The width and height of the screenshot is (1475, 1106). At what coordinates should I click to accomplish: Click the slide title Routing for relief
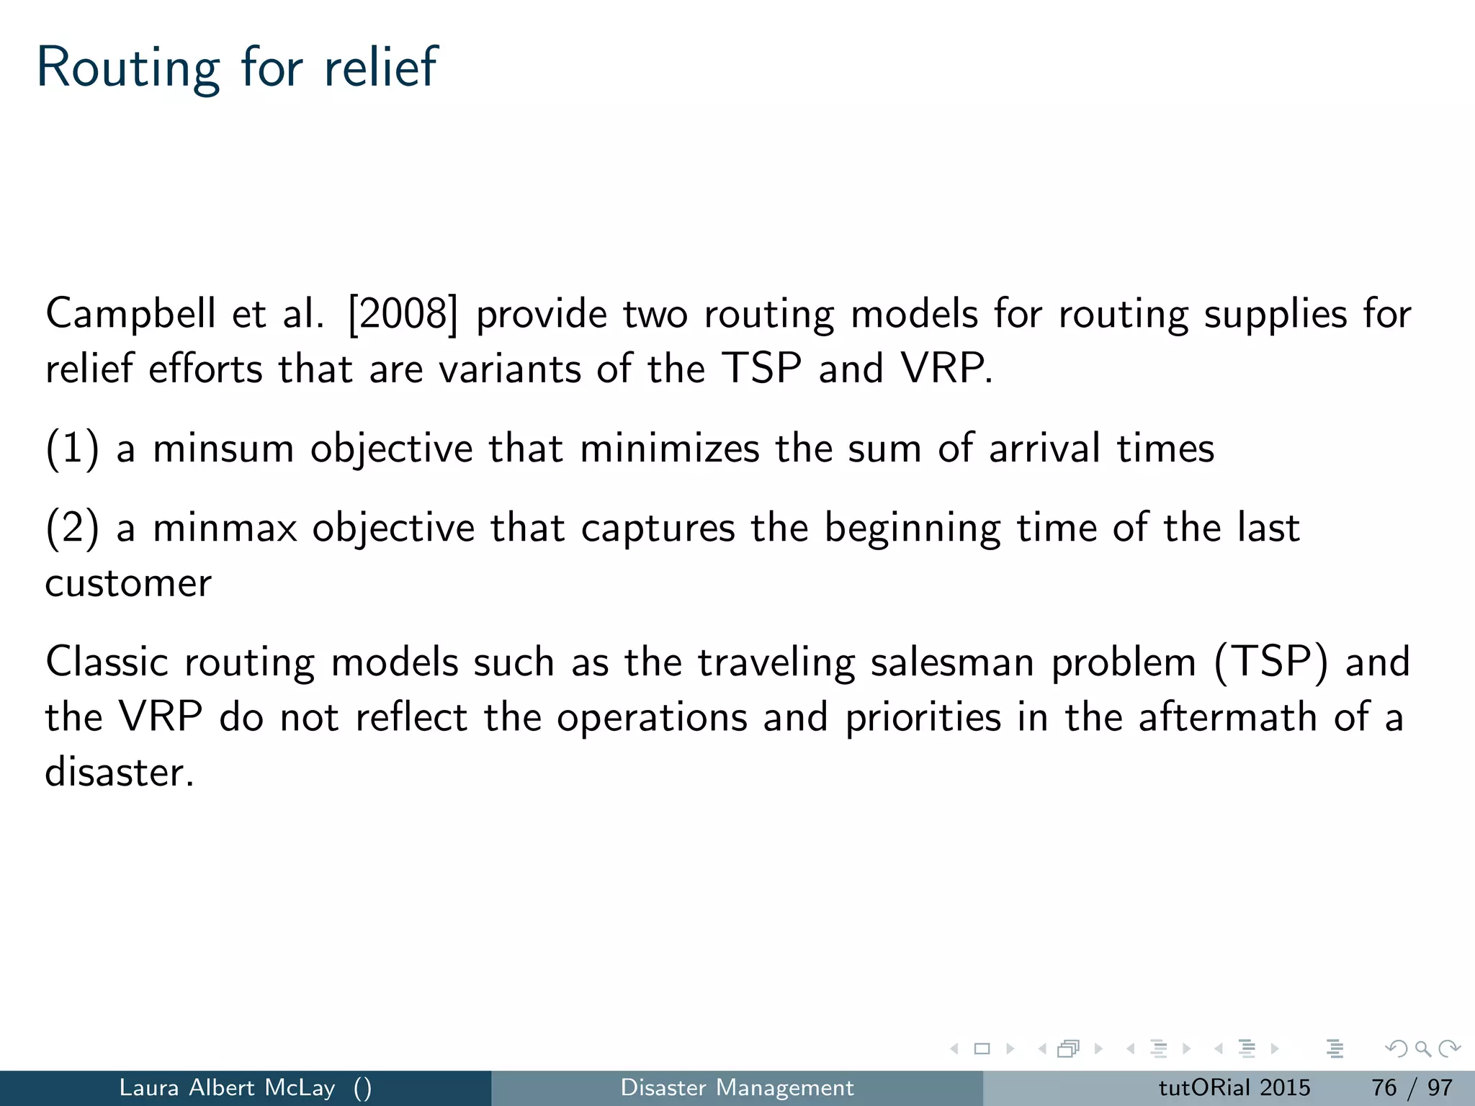tap(236, 68)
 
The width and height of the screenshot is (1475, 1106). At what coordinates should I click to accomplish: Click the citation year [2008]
tap(402, 315)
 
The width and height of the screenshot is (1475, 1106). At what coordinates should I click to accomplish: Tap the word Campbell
tap(130, 315)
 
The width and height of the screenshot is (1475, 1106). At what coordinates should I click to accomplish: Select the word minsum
tap(223, 449)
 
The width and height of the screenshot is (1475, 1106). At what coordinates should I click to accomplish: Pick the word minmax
tap(225, 528)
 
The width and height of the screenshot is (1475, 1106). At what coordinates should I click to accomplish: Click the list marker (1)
tap(72, 449)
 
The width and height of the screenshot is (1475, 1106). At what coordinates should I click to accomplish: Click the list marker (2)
tap(72, 528)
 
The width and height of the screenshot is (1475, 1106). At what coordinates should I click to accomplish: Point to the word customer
tap(128, 583)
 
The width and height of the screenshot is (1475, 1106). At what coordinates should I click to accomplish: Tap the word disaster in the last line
tap(119, 773)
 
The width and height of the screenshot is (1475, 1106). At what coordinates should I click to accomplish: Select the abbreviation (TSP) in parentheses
tap(1270, 662)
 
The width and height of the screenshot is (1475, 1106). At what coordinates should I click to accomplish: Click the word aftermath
tap(1227, 718)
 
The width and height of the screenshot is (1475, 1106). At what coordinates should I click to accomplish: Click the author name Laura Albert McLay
tap(227, 1087)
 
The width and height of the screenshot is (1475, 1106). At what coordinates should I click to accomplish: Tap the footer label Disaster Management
tap(737, 1087)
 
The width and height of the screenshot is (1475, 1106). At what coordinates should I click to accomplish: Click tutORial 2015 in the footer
tap(1234, 1087)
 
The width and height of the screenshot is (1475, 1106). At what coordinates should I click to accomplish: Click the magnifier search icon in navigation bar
tap(1422, 1048)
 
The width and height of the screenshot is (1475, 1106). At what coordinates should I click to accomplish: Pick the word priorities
tap(923, 718)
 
